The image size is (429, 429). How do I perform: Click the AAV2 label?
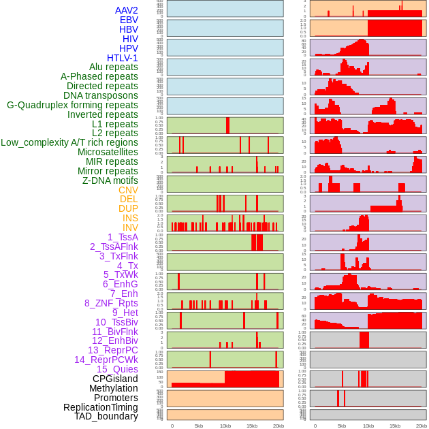point(126,10)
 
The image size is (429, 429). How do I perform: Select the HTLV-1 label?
point(122,58)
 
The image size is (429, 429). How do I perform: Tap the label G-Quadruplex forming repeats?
point(72,105)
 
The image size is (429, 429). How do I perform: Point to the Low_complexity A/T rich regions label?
point(69,142)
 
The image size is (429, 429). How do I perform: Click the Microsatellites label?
point(108,152)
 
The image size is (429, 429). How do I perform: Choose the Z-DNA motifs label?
point(110,180)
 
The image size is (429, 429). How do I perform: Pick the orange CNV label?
point(128,190)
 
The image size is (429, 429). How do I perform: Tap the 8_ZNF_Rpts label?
point(111,303)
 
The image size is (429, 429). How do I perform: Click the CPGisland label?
point(115,379)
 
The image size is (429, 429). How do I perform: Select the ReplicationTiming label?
point(100,407)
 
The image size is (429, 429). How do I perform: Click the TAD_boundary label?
point(106,416)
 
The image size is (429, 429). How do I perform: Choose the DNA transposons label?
point(101,95)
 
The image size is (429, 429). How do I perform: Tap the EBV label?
point(129,20)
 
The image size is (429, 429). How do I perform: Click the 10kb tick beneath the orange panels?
point(225,426)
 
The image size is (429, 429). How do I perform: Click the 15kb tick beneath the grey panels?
point(395,426)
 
